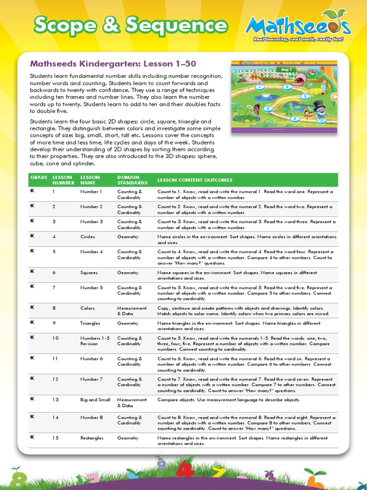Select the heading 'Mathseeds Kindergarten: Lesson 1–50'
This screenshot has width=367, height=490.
113,64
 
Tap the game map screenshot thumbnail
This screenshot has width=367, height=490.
284,97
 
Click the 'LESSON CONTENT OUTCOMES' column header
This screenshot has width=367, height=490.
195,180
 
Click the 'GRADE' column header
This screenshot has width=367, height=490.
39,178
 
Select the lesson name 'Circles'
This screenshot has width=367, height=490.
87,237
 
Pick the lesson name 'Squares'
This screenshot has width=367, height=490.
88,273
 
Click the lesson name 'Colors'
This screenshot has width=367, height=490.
87,309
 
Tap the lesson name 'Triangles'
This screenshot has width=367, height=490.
90,323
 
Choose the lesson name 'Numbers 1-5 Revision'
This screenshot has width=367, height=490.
95,341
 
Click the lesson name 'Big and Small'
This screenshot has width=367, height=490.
95,400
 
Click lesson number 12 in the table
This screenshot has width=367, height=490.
55,379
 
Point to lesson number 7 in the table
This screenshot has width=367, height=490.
54,288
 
